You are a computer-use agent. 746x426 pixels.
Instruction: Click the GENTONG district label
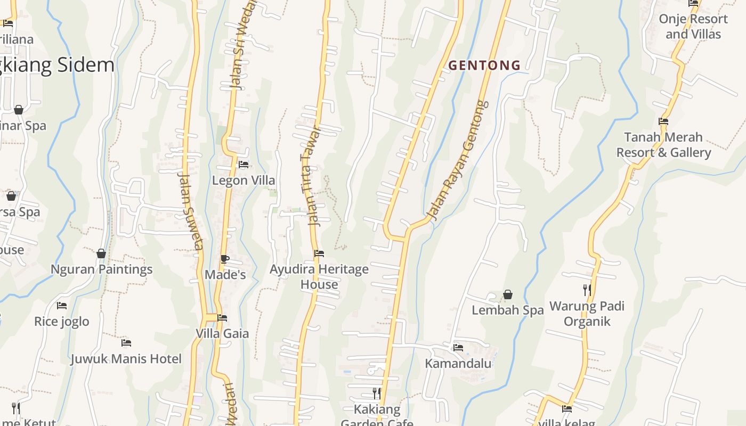(484, 65)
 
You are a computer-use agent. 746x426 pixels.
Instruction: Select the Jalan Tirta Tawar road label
(311, 176)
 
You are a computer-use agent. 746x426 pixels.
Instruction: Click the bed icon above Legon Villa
(244, 165)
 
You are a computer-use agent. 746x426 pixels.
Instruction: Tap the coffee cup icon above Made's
(225, 259)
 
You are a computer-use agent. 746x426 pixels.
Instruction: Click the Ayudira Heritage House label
(319, 276)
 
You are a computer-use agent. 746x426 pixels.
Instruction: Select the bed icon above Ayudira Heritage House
(319, 253)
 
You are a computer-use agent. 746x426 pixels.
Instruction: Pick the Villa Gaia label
(222, 334)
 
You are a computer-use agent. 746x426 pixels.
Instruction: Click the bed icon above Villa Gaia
(222, 318)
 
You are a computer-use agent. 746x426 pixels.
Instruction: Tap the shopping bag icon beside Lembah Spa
(508, 294)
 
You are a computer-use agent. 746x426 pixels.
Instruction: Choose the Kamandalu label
(458, 364)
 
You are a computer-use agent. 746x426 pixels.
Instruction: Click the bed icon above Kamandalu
(458, 348)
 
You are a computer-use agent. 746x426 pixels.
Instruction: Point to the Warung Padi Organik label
(587, 314)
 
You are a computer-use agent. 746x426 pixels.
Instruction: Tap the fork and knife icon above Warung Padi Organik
(587, 290)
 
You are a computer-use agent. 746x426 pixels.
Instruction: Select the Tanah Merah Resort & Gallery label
(663, 145)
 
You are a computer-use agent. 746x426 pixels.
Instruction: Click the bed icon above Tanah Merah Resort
(663, 121)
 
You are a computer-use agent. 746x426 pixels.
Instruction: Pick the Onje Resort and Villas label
(693, 27)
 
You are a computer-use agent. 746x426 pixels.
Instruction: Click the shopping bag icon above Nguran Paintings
(101, 253)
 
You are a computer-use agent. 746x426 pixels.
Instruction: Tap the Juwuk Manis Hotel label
(126, 359)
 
